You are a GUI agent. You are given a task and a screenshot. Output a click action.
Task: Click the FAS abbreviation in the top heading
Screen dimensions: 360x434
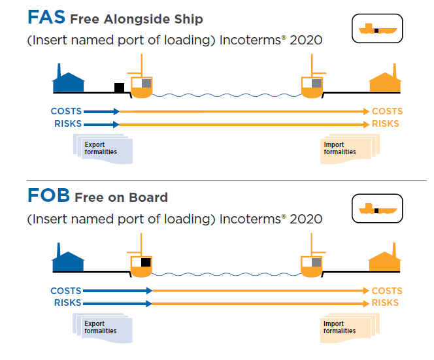coord(46,17)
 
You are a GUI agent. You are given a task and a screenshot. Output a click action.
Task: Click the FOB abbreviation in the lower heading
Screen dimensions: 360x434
coord(48,196)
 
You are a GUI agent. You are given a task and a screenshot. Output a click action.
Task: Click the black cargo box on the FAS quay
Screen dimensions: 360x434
coord(119,88)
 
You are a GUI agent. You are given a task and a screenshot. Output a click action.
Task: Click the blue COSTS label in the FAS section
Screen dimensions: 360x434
coord(66,112)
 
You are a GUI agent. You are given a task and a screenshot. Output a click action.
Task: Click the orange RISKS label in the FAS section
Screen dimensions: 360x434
coord(386,123)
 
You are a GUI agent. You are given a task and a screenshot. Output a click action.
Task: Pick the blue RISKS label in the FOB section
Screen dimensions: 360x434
coord(67,303)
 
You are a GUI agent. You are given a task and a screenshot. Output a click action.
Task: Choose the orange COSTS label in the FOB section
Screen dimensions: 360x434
coord(387,291)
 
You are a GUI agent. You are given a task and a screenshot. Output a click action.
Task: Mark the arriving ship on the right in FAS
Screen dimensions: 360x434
coord(312,84)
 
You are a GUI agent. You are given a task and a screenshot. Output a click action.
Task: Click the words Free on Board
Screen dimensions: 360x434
coord(121,197)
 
